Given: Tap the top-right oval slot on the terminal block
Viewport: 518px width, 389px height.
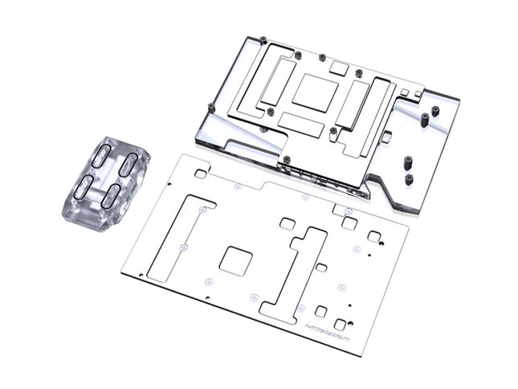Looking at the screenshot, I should [x=129, y=167].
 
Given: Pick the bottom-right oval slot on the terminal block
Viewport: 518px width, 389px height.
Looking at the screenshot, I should [x=112, y=195].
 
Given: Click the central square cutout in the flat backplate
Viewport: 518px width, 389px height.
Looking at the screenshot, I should [x=235, y=261].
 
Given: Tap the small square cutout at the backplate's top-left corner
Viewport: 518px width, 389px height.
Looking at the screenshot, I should [x=201, y=173].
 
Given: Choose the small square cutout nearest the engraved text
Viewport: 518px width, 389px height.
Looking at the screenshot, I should [x=340, y=324].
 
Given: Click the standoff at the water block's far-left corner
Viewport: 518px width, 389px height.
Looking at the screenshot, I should [x=210, y=108].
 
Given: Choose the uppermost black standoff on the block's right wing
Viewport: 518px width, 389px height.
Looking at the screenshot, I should [x=435, y=110].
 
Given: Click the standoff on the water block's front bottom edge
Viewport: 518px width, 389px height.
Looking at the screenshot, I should [x=286, y=159].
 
